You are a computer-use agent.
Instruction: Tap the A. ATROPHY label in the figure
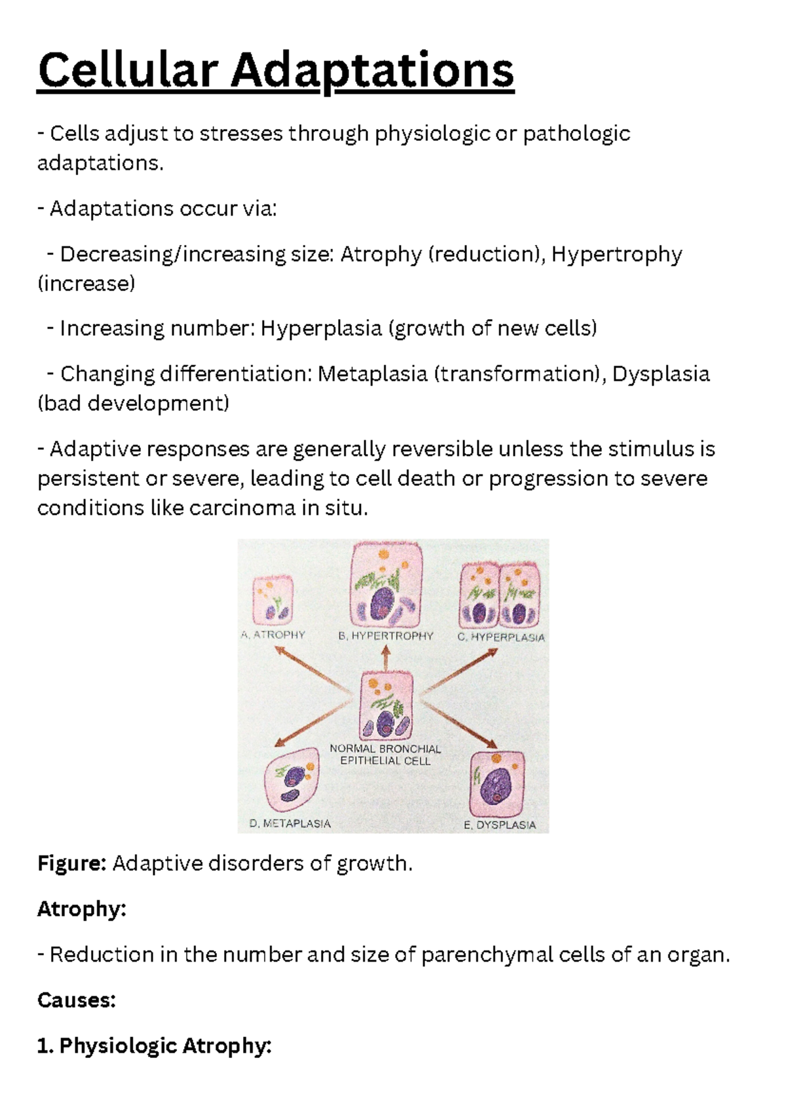[x=272, y=635]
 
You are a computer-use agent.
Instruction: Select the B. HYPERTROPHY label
[x=386, y=636]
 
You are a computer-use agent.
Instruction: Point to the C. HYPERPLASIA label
[x=501, y=637]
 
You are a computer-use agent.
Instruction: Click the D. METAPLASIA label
[x=290, y=823]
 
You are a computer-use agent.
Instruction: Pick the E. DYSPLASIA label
[x=500, y=825]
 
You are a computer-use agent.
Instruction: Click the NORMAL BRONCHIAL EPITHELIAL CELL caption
[x=385, y=755]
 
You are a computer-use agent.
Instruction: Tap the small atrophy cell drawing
[x=272, y=600]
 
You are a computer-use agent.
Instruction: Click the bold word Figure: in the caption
[x=72, y=863]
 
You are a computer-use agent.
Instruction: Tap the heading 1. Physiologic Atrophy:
[x=154, y=1046]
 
